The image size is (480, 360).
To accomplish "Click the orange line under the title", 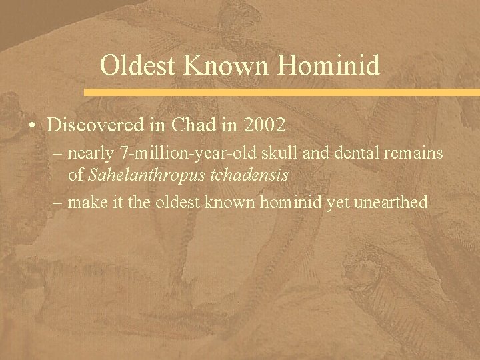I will pos(280,91).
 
